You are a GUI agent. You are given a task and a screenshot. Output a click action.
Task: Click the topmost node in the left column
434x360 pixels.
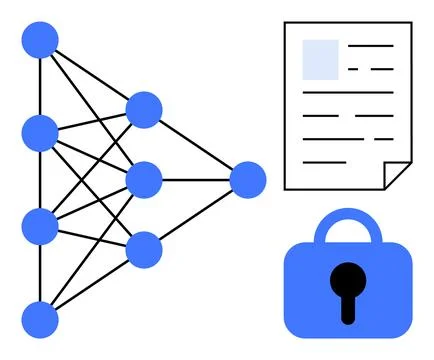tap(40, 40)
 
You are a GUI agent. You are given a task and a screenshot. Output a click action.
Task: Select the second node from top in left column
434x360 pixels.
tap(40, 133)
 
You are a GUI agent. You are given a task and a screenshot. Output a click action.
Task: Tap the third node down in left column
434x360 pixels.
tap(40, 226)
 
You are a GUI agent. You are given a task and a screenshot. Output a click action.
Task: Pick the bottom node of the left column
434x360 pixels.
tap(40, 319)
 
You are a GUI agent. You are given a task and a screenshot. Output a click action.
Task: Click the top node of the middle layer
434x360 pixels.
tap(144, 109)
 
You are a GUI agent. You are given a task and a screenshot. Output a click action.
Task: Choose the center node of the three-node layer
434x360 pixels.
tap(144, 179)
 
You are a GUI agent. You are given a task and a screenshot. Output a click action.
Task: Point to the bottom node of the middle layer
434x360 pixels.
tap(144, 249)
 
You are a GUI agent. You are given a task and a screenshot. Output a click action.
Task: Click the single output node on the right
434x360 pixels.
tap(248, 180)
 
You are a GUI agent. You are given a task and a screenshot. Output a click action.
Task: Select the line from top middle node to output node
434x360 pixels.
tap(196, 144)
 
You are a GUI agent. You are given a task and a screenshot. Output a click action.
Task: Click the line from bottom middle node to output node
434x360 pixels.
tap(196, 215)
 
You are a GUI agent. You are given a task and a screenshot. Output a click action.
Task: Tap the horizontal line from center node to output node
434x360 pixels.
tap(196, 180)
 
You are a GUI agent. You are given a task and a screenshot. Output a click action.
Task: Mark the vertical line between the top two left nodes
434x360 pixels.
tap(40, 86)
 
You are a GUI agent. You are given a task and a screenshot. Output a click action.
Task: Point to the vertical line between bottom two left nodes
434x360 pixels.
tap(40, 273)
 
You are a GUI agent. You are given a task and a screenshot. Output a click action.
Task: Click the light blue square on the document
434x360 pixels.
tap(320, 59)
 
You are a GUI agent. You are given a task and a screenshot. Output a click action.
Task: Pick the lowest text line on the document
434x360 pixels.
tap(325, 161)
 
